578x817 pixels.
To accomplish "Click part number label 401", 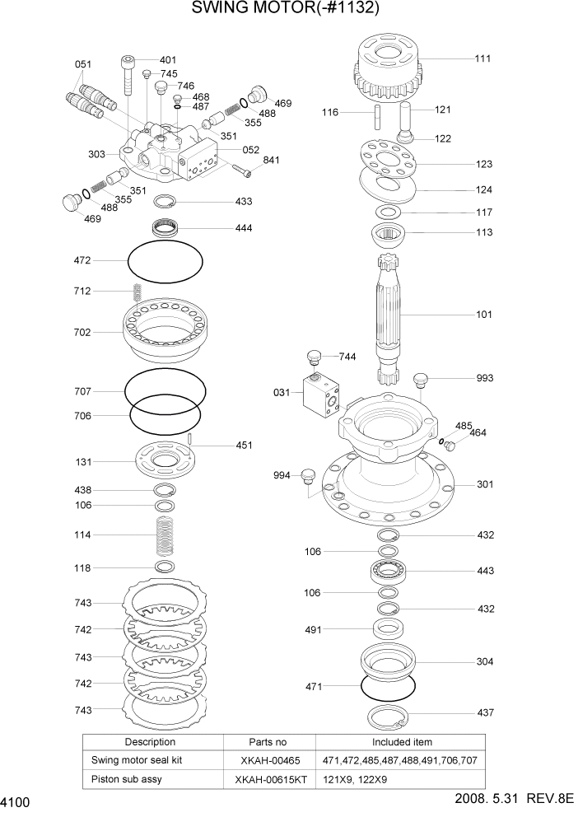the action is coord(168,60).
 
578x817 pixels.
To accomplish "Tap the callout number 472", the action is coord(82,260).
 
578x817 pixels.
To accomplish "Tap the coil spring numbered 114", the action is coord(165,535).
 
